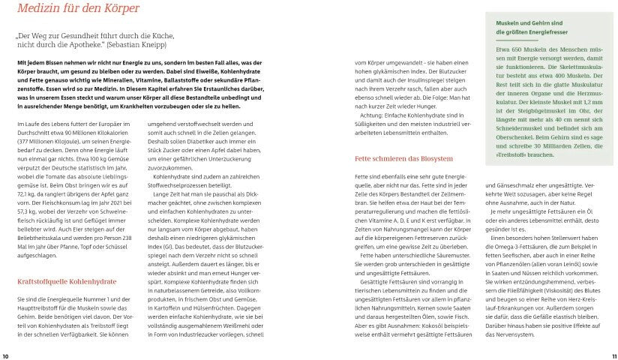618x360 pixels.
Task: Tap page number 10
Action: [x=6, y=355]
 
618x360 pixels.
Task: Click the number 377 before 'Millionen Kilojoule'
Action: [x=23, y=141]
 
